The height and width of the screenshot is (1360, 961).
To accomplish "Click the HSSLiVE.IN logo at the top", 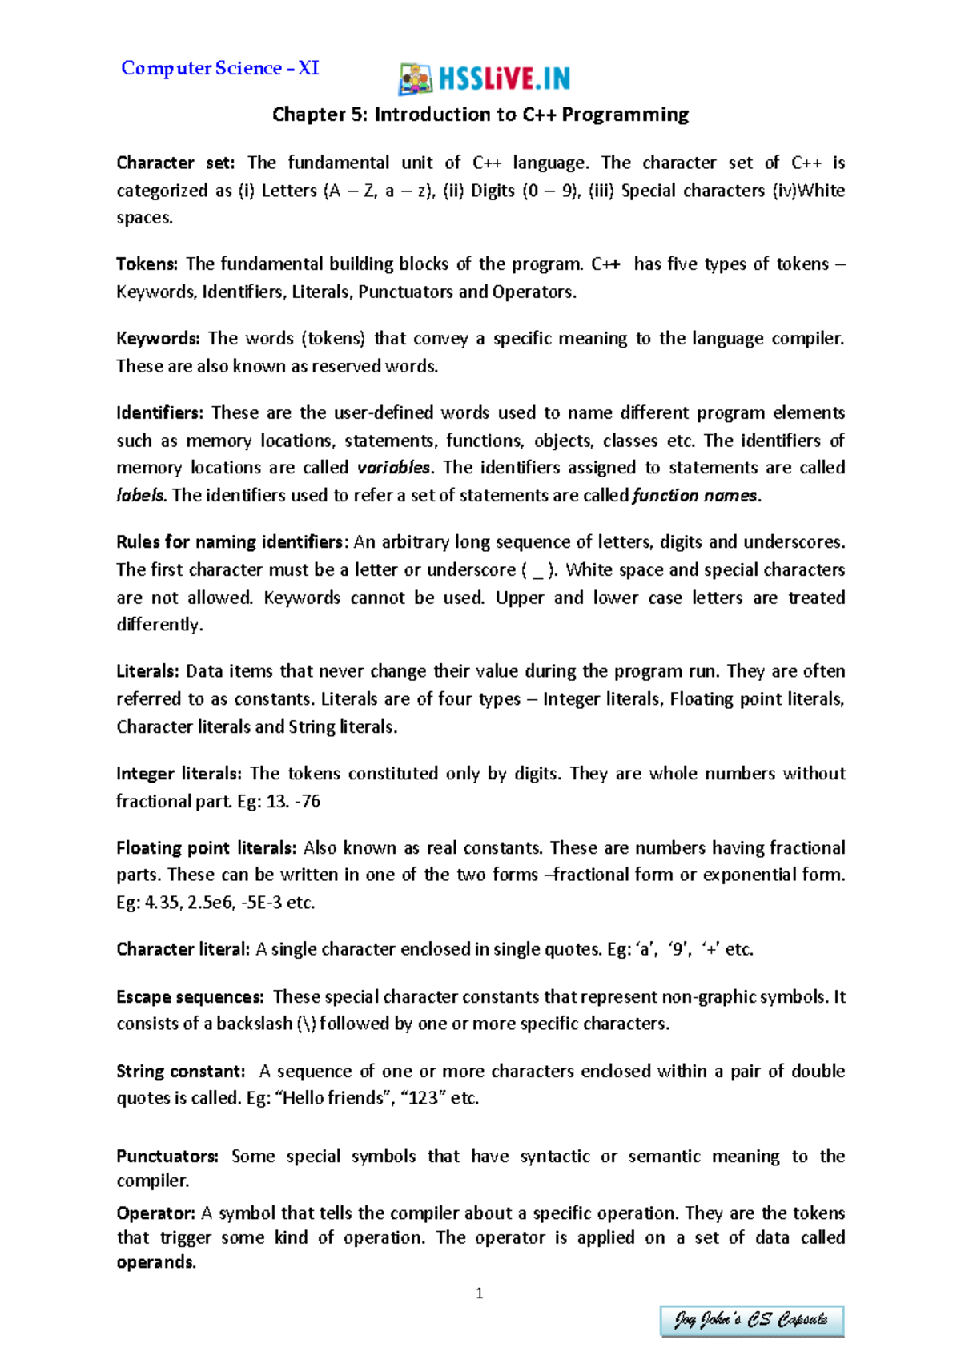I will click(485, 78).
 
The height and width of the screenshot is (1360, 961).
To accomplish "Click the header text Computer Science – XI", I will click(219, 68).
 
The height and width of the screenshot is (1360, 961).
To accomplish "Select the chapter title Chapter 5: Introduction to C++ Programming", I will click(480, 115).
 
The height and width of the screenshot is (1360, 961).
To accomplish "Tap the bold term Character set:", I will click(175, 163).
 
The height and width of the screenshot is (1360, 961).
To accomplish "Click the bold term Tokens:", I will click(147, 264).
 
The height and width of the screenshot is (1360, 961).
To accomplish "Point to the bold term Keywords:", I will click(157, 338).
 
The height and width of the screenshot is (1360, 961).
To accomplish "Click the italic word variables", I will click(393, 467).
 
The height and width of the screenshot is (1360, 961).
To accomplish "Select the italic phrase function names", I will click(694, 495).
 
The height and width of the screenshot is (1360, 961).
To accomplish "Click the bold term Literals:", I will click(147, 671).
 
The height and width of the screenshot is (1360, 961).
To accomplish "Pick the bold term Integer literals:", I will click(178, 774).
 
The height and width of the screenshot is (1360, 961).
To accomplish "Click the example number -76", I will click(308, 801).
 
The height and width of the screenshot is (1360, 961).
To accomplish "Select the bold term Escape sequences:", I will click(190, 997).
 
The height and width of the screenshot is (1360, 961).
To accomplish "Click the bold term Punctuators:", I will click(167, 1157).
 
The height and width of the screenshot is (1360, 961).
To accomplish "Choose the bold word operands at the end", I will click(155, 1262).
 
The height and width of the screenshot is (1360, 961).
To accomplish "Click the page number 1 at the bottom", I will click(479, 1294).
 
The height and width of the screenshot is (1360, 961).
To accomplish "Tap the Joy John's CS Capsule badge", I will click(751, 1320).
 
